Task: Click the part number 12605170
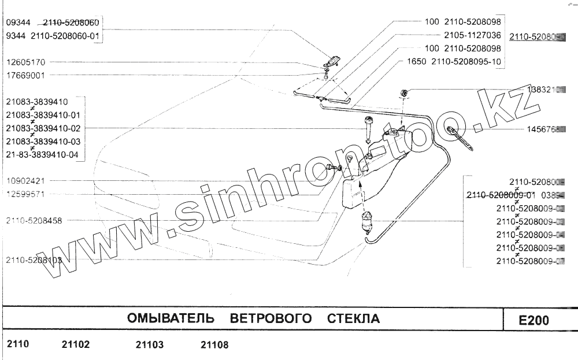[x=25, y=62]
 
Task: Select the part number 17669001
[x=25, y=75]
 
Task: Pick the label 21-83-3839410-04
[x=44, y=155]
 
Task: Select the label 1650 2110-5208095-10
[x=454, y=62]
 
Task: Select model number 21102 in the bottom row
[x=76, y=345]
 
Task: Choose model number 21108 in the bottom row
[x=214, y=345]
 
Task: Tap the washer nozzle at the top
[x=332, y=61]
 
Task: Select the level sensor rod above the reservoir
[x=368, y=129]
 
